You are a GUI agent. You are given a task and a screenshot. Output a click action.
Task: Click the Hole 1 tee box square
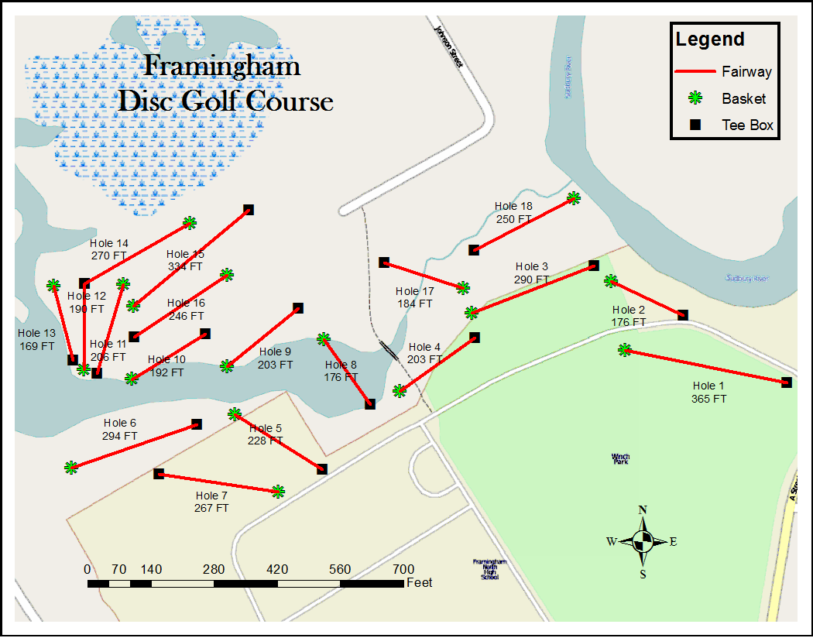coord(786,382)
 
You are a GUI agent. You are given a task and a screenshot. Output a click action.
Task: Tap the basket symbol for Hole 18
coord(573,197)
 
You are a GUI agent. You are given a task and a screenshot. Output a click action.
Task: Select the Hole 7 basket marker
coord(278,491)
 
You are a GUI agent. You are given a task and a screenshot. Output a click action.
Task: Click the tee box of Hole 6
coord(197,424)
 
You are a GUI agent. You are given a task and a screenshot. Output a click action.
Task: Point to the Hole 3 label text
coord(531,267)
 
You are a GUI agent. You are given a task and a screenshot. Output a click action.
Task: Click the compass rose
coord(642,541)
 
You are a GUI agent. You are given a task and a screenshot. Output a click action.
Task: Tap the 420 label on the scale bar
coord(277,569)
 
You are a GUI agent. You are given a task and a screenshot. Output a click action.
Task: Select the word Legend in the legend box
coord(709,39)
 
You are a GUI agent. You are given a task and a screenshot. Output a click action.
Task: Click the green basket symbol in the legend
coord(695,98)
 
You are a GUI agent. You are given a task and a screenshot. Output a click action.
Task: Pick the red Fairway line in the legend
coord(695,72)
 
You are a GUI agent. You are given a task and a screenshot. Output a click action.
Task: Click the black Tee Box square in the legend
coord(695,124)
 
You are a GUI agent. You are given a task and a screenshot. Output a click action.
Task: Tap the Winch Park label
coord(619,458)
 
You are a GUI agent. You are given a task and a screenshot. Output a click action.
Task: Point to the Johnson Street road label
coord(448,46)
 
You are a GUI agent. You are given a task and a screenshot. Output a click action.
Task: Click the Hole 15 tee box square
coord(249,209)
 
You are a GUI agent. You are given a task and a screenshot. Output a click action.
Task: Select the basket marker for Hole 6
coord(71,467)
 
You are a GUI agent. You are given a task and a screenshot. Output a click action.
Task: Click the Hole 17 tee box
coord(383,262)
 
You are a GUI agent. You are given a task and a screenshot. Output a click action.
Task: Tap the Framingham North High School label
coord(489,569)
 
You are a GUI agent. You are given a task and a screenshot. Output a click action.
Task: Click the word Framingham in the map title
coord(223,67)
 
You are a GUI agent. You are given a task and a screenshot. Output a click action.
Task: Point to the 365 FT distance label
coord(708,399)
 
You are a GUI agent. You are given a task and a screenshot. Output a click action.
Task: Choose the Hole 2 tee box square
coord(682,314)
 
